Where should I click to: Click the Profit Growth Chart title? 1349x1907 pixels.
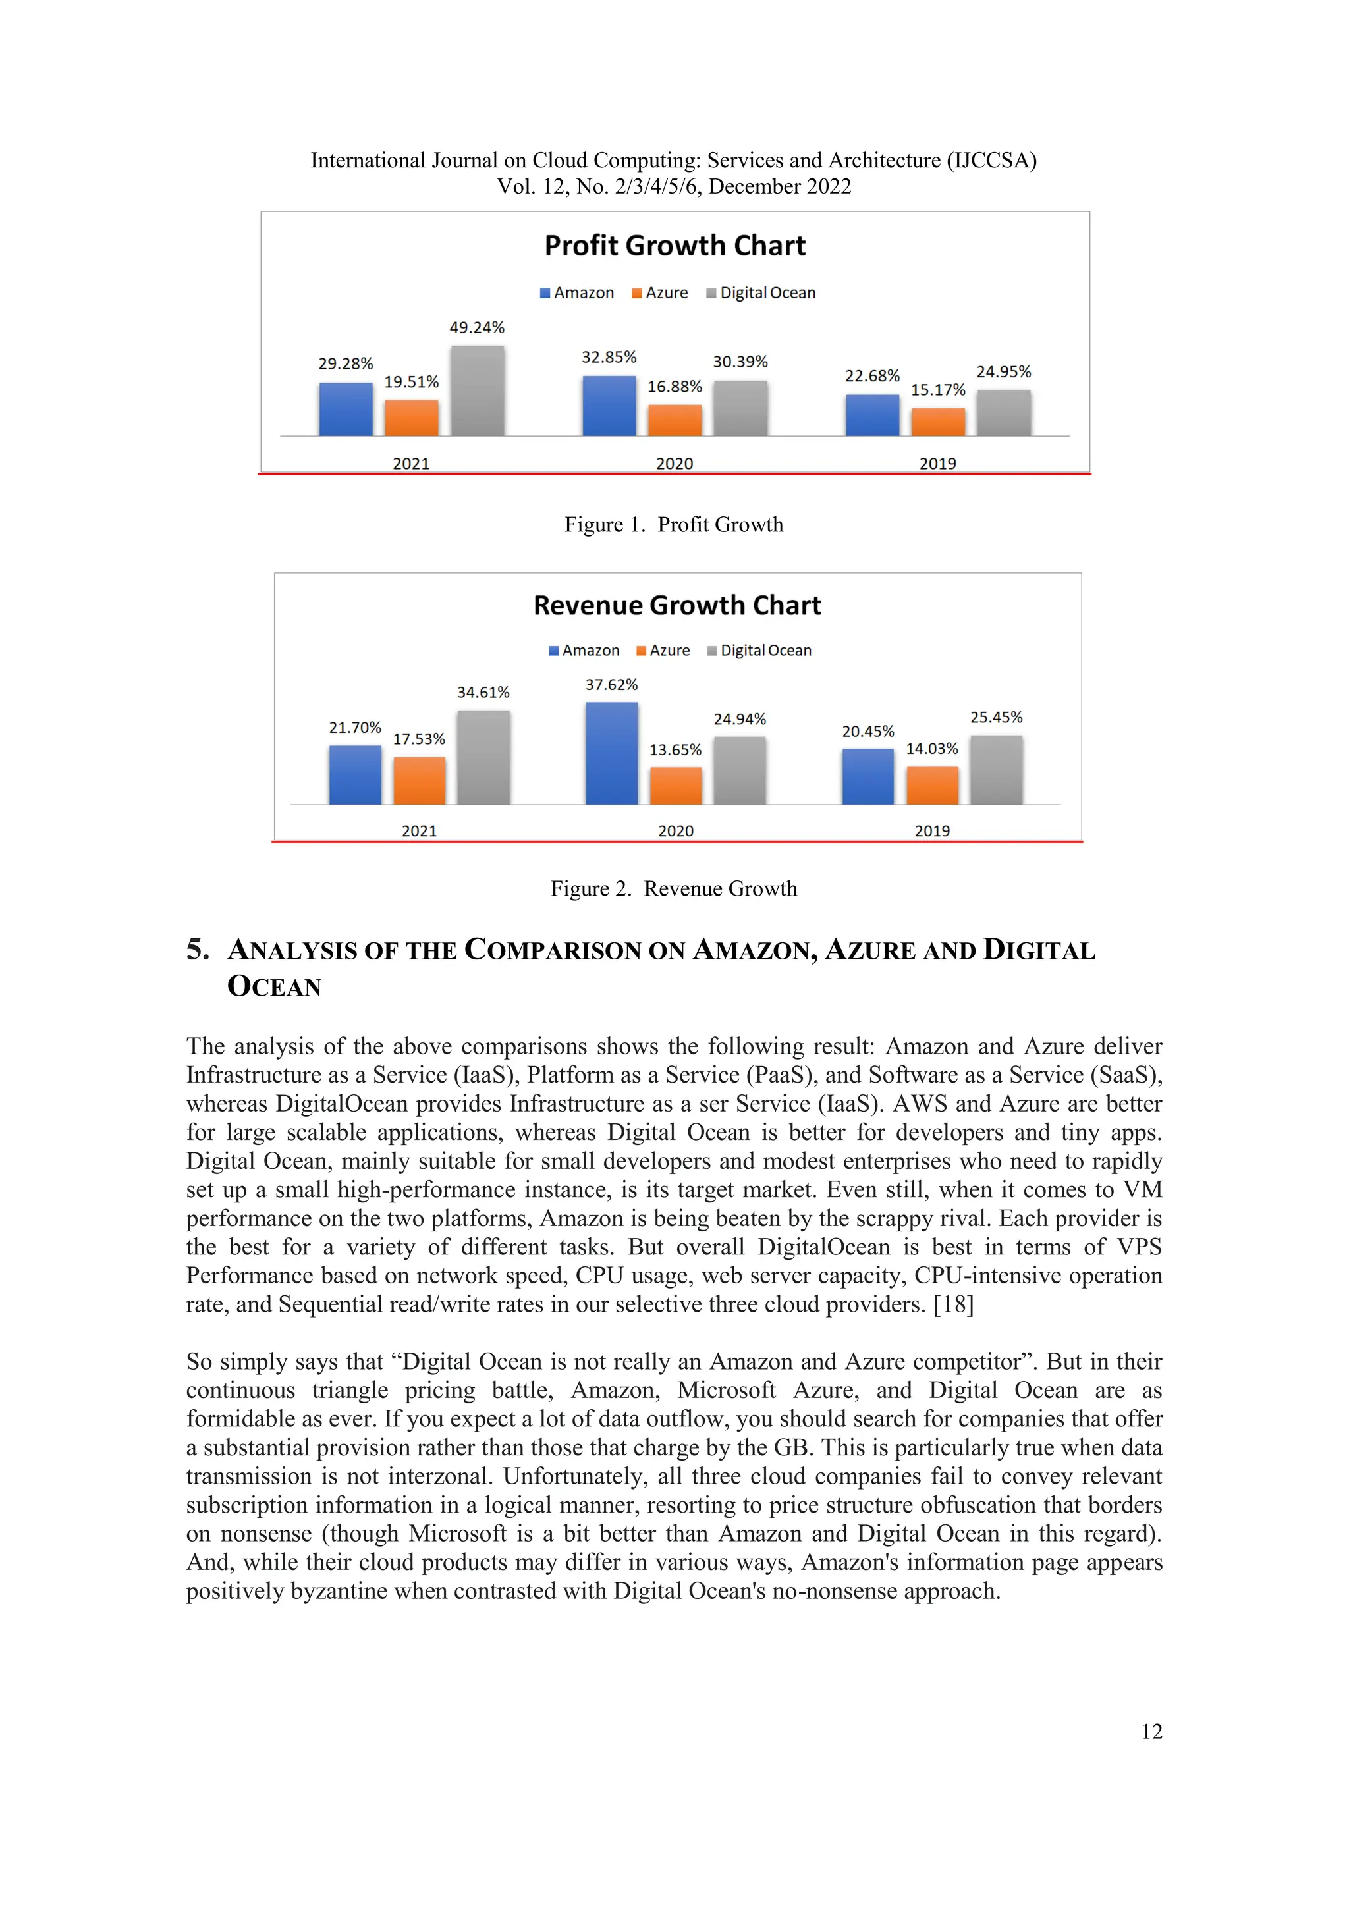click(x=674, y=246)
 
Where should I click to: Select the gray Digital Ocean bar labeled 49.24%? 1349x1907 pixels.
click(x=477, y=391)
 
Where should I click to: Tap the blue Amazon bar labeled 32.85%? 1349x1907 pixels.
click(x=609, y=406)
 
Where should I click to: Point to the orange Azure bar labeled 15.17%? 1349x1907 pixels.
click(x=938, y=422)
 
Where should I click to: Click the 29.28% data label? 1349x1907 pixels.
click(x=346, y=363)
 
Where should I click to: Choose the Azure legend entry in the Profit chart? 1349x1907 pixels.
click(x=661, y=293)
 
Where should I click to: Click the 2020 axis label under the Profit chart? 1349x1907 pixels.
click(x=674, y=464)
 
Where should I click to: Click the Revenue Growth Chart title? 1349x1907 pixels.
click(x=677, y=606)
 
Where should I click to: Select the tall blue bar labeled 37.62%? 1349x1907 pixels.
click(x=611, y=753)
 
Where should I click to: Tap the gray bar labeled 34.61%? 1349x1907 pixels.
click(x=483, y=757)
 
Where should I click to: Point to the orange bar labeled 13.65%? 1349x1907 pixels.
click(x=675, y=786)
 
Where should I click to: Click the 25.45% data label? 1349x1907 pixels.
click(x=996, y=718)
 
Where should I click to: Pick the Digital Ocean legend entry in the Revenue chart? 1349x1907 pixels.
click(x=759, y=651)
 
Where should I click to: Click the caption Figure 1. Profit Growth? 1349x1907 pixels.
click(x=674, y=525)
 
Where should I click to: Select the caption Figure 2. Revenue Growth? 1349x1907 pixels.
click(x=674, y=890)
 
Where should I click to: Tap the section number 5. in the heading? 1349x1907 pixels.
click(x=198, y=950)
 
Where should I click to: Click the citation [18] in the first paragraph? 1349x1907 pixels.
click(x=952, y=1305)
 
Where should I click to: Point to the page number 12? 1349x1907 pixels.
click(x=1151, y=1732)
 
